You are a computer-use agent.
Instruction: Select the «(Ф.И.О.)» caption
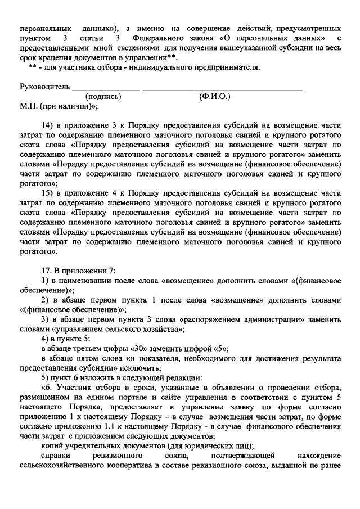[214, 96]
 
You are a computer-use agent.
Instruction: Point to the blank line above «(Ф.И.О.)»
[222, 89]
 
